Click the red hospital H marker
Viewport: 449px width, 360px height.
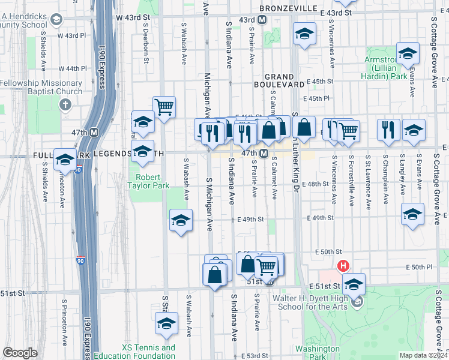(x=343, y=266)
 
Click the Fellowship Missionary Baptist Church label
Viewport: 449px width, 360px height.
(x=41, y=87)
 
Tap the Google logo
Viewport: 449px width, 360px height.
(x=20, y=353)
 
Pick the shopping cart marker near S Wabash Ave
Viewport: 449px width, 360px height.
(x=164, y=107)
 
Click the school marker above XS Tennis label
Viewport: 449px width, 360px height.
(x=166, y=323)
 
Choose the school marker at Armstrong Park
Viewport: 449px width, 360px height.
(x=408, y=54)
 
